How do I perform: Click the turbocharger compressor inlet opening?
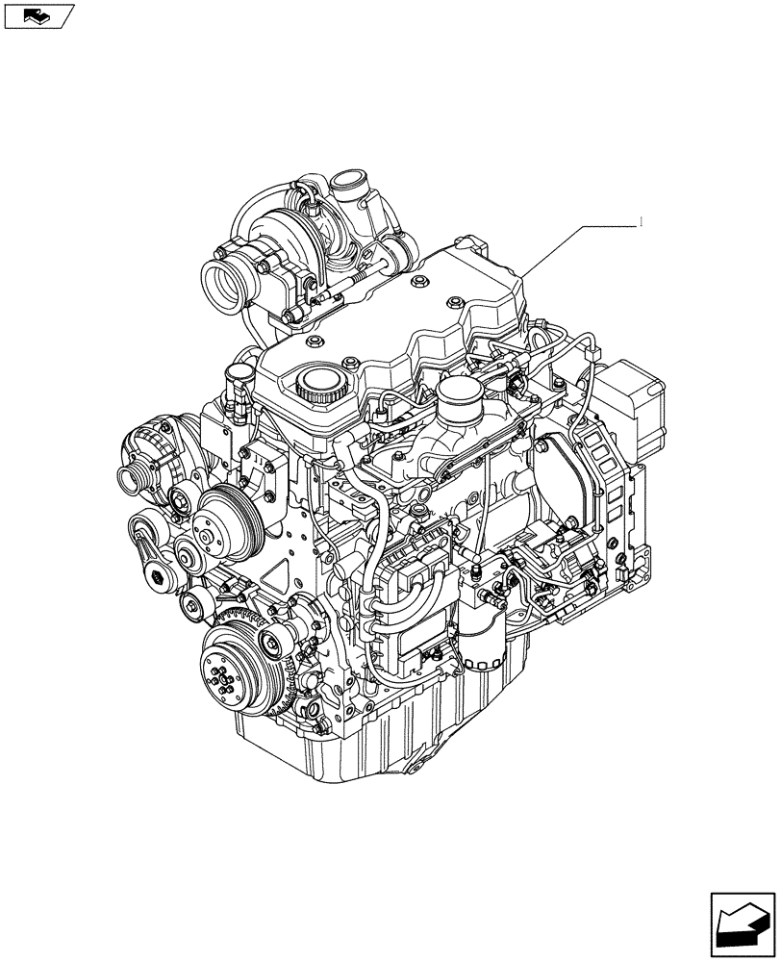click(x=228, y=277)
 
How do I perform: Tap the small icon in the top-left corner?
click(x=38, y=15)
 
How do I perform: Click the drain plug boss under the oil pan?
click(x=415, y=770)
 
